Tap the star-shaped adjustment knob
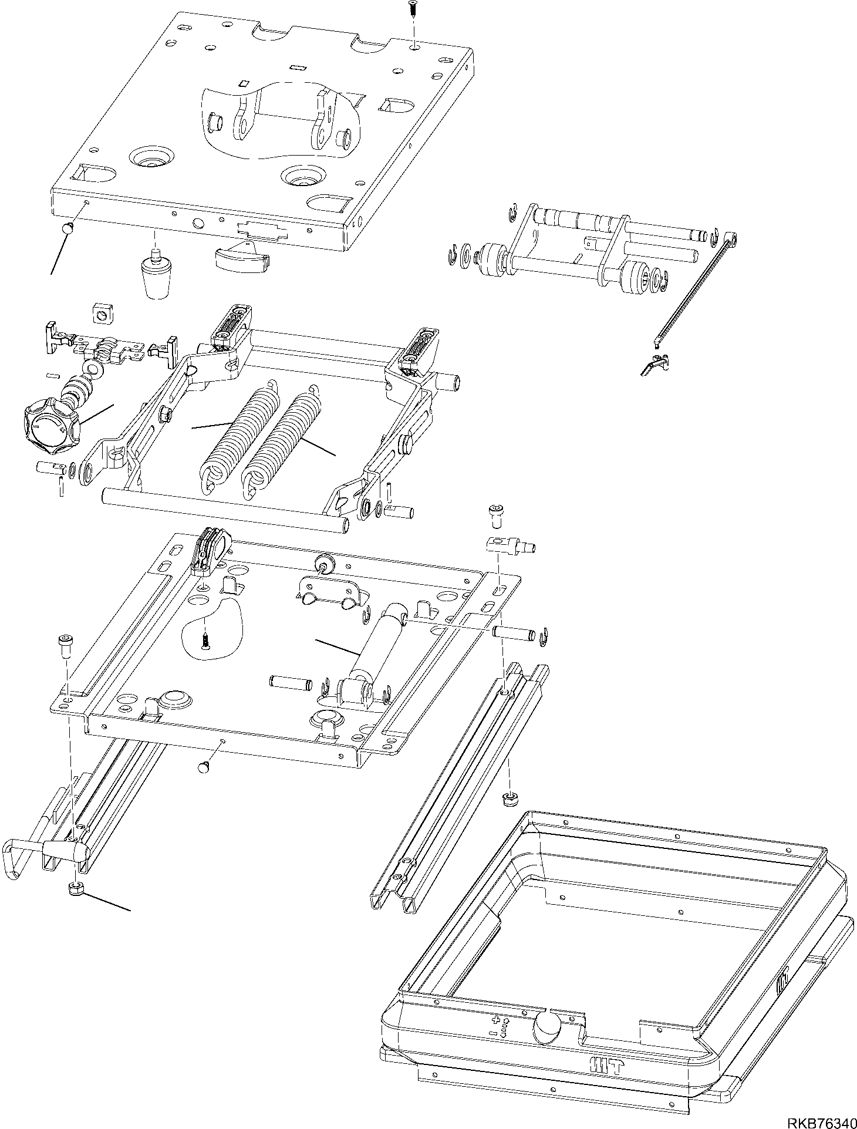point(49,426)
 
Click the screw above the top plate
point(413,8)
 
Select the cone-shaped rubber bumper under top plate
point(157,275)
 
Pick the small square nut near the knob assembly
point(102,315)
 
